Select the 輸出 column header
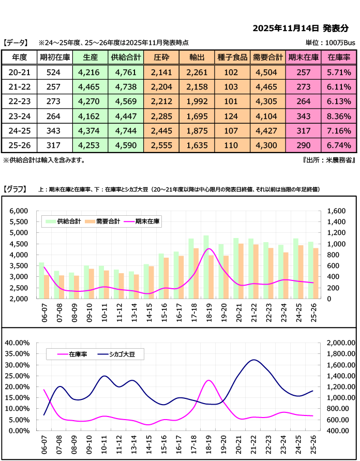[197, 57]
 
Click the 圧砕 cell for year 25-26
[161, 145]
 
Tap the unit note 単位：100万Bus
[329, 43]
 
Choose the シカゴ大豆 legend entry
[119, 354]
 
